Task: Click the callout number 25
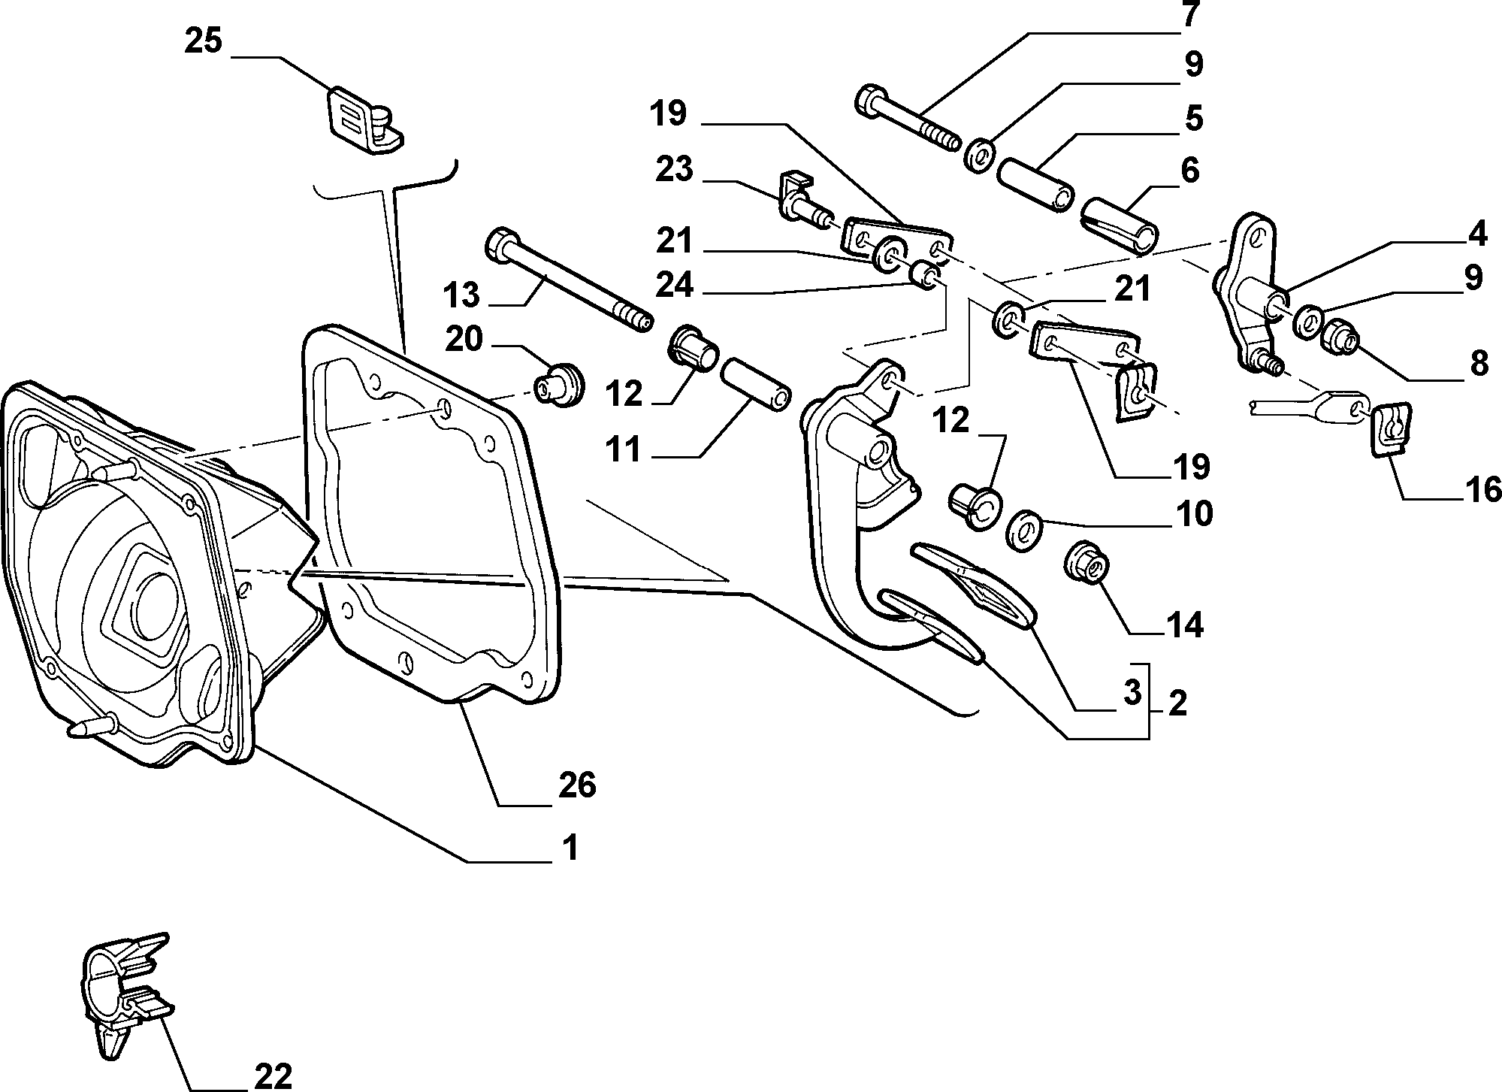click(204, 41)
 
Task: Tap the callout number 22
click(272, 1075)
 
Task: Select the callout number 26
click(576, 785)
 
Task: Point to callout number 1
click(571, 848)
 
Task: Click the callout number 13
click(461, 295)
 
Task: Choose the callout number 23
click(673, 170)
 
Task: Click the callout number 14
click(1185, 625)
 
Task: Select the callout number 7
click(1189, 14)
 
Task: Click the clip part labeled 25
click(366, 120)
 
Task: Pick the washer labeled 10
click(1023, 530)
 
